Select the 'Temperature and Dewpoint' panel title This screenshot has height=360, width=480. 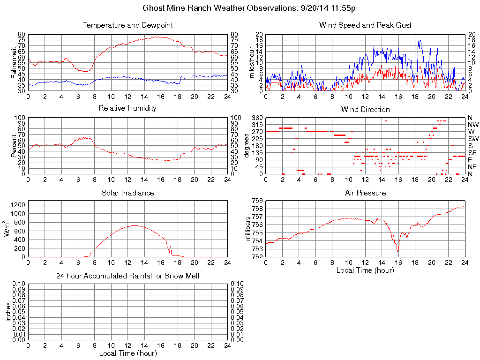click(x=127, y=25)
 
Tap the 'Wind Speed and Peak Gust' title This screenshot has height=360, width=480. click(x=365, y=25)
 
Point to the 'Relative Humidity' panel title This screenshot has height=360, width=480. click(x=127, y=108)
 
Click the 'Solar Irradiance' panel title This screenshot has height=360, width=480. click(x=127, y=193)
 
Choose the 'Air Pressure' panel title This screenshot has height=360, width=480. click(x=365, y=193)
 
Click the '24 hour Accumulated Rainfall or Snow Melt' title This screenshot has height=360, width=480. click(x=127, y=276)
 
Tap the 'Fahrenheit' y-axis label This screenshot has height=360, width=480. click(x=14, y=62)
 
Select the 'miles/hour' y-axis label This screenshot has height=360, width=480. click(x=251, y=62)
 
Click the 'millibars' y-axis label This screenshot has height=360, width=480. click(x=248, y=228)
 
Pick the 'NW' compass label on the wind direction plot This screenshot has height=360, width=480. click(x=473, y=125)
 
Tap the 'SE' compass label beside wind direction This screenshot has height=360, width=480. click(x=472, y=153)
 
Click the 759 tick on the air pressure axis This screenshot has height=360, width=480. click(x=257, y=201)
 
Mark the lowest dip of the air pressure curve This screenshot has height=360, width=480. click(x=398, y=252)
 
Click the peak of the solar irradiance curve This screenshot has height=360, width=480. click(x=135, y=225)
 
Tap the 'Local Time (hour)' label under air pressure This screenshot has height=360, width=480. click(x=365, y=270)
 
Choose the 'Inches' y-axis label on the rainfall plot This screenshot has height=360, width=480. click(x=8, y=312)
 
